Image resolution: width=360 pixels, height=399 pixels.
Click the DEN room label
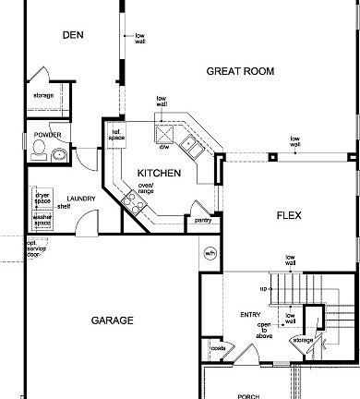tap(73, 35)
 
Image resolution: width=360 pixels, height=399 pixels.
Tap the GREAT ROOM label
tap(240, 71)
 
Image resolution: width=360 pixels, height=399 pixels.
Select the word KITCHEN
tap(159, 173)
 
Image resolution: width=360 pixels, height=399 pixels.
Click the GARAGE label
tap(112, 320)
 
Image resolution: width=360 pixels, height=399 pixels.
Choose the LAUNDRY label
tap(81, 199)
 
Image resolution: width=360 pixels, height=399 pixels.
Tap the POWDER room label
tap(47, 135)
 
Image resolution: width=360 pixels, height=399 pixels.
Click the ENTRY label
tap(250, 315)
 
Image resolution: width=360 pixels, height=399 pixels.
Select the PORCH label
tap(248, 395)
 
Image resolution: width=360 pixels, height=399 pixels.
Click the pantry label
tap(202, 220)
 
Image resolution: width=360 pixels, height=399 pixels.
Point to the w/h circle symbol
tap(210, 252)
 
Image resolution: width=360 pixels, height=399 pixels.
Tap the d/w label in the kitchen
tap(163, 146)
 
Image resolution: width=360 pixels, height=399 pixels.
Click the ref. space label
tap(117, 135)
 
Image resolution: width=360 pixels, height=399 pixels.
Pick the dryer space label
tap(42, 198)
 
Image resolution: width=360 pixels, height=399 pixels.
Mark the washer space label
tap(42, 220)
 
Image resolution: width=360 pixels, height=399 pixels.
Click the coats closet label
tap(218, 348)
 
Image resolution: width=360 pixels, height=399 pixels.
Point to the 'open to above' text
tap(264, 330)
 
